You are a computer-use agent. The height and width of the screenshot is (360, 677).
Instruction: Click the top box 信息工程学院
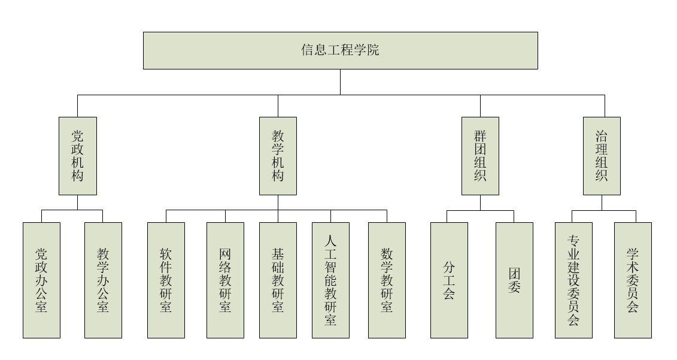click(x=340, y=50)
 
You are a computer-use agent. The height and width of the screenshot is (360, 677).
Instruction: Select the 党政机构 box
click(x=77, y=156)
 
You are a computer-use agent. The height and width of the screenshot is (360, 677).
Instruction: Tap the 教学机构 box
click(x=278, y=156)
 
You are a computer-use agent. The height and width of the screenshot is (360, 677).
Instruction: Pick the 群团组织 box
click(x=480, y=156)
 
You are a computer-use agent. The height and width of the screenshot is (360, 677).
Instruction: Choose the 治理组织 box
click(x=602, y=156)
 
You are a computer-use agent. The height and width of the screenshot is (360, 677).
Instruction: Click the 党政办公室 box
click(x=41, y=280)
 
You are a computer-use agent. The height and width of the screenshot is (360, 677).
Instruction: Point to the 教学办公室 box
click(x=103, y=280)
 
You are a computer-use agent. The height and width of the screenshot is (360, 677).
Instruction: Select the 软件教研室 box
click(x=166, y=280)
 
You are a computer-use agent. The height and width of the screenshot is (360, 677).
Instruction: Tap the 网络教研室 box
click(x=225, y=280)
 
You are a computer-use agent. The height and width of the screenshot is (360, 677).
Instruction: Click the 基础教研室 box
click(x=278, y=280)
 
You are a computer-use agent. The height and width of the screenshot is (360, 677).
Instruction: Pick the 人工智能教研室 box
click(x=330, y=280)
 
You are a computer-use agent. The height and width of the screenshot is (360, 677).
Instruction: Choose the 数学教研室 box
click(x=387, y=280)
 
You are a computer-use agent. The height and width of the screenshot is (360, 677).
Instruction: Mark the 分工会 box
click(x=449, y=280)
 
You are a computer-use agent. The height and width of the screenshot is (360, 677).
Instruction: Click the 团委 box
click(x=514, y=280)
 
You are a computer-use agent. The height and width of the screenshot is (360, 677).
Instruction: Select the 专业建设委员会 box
click(x=573, y=280)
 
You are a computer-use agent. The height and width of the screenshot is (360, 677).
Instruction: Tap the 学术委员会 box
click(x=633, y=280)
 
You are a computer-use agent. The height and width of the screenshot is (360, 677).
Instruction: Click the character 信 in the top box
click(x=307, y=50)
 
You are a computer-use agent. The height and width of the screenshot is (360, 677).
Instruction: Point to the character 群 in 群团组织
click(x=480, y=135)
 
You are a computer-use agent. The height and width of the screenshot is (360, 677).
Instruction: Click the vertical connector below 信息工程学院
click(x=340, y=82)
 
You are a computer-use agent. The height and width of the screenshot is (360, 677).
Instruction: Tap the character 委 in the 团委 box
click(x=514, y=288)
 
